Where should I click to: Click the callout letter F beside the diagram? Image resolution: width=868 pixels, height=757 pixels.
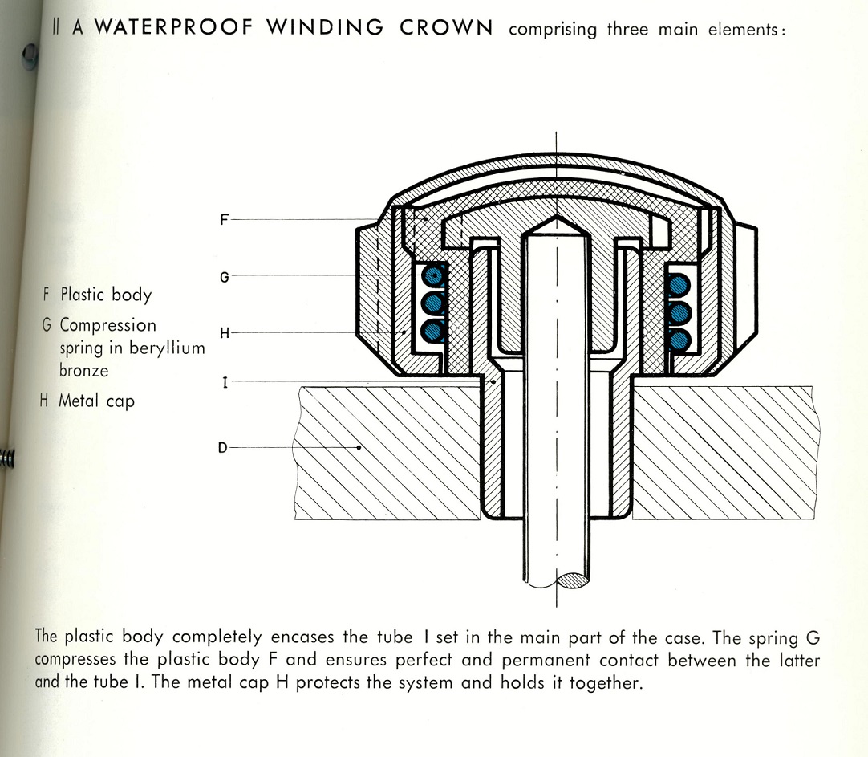point(224,220)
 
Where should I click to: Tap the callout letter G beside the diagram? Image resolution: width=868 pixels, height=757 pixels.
point(224,277)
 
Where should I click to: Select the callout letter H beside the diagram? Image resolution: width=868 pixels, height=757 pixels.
point(224,333)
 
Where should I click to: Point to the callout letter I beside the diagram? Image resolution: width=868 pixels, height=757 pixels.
point(225,382)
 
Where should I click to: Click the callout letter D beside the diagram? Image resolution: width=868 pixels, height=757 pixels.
point(222,447)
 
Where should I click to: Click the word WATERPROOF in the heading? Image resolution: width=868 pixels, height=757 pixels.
point(174,27)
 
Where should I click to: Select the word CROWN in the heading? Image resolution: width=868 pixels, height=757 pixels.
point(446,27)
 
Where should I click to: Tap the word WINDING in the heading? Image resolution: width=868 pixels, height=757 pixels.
point(325,27)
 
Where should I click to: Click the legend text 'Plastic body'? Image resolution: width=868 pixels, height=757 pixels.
point(106,295)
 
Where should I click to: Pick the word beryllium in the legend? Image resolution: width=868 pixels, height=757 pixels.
point(167,348)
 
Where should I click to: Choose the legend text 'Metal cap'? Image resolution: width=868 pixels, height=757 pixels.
point(97,401)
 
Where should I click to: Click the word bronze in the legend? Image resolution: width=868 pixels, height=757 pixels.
point(84,370)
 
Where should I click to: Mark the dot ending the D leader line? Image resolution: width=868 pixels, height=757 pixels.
point(359,447)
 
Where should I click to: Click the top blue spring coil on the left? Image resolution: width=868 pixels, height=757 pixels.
point(433,275)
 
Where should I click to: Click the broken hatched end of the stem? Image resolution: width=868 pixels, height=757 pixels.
point(572,580)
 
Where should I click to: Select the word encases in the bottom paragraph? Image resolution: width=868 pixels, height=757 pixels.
point(302,637)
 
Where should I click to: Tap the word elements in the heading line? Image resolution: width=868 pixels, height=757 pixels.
point(746,30)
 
